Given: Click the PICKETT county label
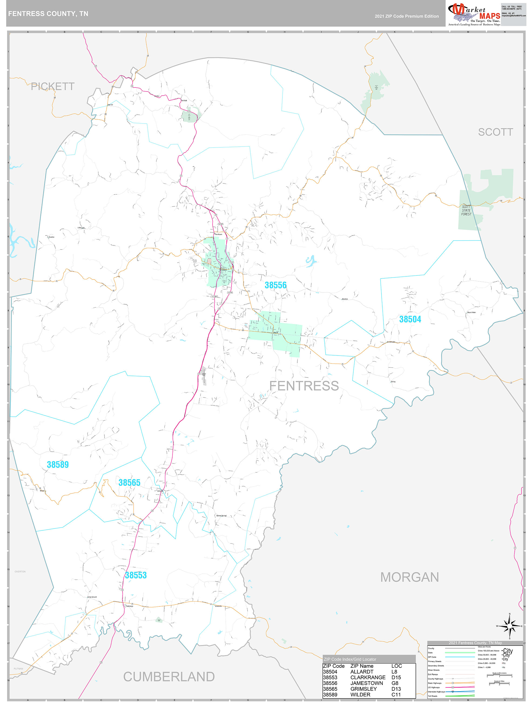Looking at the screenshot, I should (53, 86).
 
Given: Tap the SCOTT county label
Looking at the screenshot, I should (495, 132).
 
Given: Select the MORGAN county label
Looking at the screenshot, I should (409, 577).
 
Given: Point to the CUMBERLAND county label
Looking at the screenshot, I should (169, 677).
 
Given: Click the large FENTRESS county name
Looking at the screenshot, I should (304, 386).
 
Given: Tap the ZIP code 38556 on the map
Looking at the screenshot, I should (275, 285).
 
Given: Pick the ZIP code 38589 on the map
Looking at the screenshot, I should (58, 465).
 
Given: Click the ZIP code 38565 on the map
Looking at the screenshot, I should (129, 483).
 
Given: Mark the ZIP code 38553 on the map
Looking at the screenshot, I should (136, 575).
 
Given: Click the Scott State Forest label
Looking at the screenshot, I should (466, 210).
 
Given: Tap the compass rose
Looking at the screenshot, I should (510, 626).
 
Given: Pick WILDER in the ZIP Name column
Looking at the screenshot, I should (360, 694).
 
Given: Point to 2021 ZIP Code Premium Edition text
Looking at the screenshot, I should (407, 16).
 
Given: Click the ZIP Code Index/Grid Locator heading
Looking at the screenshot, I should (350, 659).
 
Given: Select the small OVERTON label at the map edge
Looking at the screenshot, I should (20, 572).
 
